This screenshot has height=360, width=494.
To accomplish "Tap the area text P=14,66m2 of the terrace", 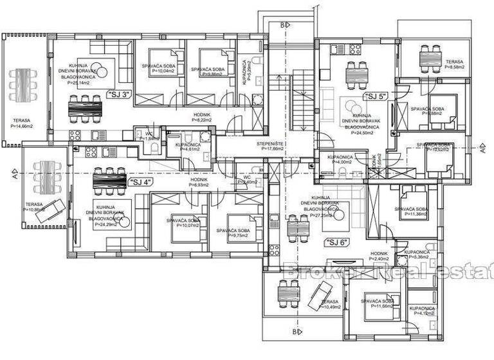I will [x=23, y=127].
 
